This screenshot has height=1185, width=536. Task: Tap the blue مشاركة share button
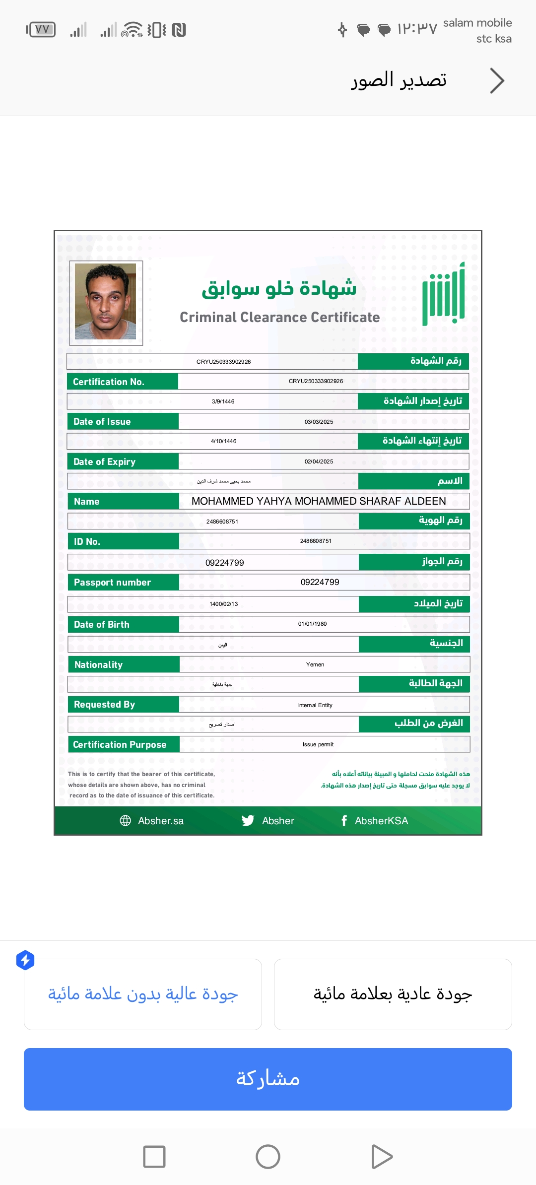pyautogui.click(x=268, y=1079)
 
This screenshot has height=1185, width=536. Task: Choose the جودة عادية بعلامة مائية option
pyautogui.click(x=393, y=994)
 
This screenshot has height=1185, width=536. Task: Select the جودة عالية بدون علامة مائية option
pyautogui.click(x=143, y=994)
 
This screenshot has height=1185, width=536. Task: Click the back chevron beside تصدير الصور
pyautogui.click(x=497, y=81)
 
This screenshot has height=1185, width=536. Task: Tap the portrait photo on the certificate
pyautogui.click(x=106, y=302)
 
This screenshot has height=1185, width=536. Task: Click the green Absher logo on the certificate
pyautogui.click(x=444, y=294)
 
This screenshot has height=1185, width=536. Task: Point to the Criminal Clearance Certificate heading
pyautogui.click(x=279, y=318)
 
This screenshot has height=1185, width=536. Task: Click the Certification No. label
pyautogui.click(x=109, y=382)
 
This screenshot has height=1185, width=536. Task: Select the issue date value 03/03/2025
pyautogui.click(x=319, y=422)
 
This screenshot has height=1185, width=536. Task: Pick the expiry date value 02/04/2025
pyautogui.click(x=319, y=461)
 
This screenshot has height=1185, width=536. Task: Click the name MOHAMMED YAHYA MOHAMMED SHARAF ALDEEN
pyautogui.click(x=319, y=501)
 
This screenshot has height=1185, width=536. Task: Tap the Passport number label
pyautogui.click(x=112, y=582)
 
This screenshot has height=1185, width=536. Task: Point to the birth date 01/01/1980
pyautogui.click(x=312, y=624)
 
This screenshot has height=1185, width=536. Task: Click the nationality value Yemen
pyautogui.click(x=315, y=664)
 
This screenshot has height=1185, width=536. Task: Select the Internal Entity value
pyautogui.click(x=315, y=705)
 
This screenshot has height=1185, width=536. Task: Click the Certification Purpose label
pyautogui.click(x=120, y=744)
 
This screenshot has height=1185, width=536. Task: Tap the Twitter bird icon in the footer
pyautogui.click(x=248, y=821)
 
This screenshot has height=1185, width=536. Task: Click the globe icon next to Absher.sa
pyautogui.click(x=125, y=821)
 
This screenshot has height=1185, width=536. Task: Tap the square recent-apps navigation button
pyautogui.click(x=154, y=1157)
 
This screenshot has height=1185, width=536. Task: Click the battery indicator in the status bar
pyautogui.click(x=41, y=30)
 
